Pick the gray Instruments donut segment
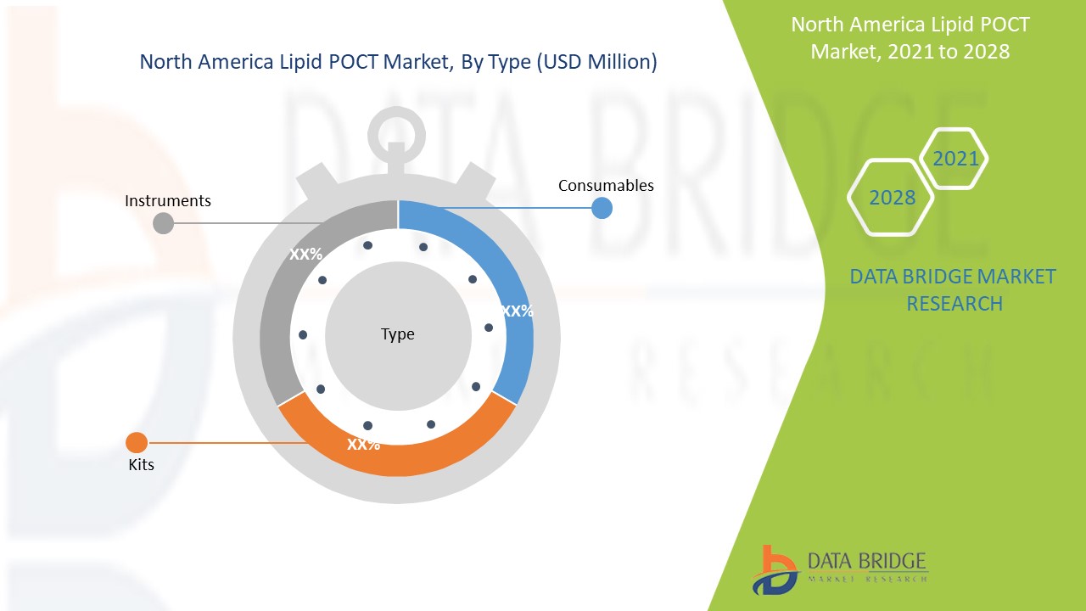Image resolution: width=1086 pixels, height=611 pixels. (x=280, y=322)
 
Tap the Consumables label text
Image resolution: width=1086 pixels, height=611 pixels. (x=606, y=185)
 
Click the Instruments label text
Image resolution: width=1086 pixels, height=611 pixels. (x=168, y=201)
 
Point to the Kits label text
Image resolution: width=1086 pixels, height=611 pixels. (x=141, y=464)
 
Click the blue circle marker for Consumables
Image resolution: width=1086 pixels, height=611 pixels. (x=602, y=208)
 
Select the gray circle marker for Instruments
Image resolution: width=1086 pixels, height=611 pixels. (x=163, y=223)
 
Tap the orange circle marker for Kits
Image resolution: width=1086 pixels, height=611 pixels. (x=137, y=442)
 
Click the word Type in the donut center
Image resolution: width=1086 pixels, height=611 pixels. (x=398, y=334)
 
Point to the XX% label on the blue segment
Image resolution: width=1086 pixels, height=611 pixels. (x=517, y=311)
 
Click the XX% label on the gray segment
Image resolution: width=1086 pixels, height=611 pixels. (x=305, y=254)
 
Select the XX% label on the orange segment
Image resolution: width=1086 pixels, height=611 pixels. (x=363, y=444)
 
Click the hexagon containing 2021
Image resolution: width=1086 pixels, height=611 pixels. (x=954, y=159)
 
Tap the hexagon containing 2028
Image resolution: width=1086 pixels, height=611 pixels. (x=891, y=198)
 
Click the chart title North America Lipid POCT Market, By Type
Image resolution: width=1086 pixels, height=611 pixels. (x=398, y=62)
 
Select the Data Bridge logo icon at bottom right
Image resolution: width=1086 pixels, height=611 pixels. (x=774, y=569)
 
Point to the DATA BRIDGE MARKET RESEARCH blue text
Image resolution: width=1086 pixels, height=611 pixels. (x=953, y=289)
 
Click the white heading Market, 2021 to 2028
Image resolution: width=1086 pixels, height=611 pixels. (x=910, y=51)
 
